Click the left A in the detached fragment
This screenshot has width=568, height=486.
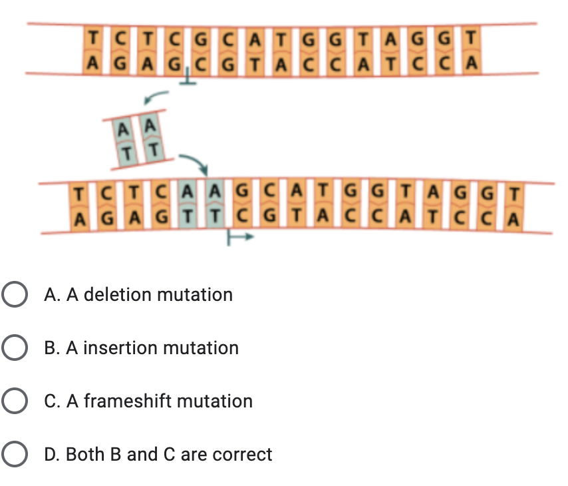pyautogui.click(x=123, y=128)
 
